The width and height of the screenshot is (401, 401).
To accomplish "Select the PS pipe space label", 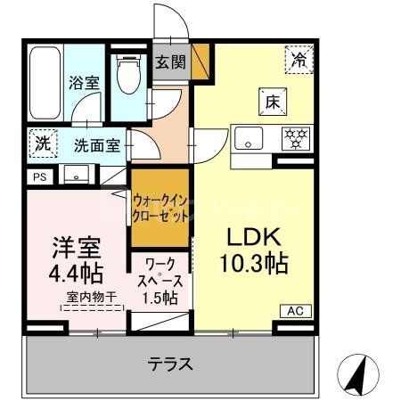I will pos(38,177).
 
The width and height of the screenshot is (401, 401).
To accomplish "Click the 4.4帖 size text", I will pos(75,269).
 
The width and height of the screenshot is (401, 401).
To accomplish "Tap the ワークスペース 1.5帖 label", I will pos(160,280).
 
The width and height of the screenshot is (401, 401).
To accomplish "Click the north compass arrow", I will pos(356,374).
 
